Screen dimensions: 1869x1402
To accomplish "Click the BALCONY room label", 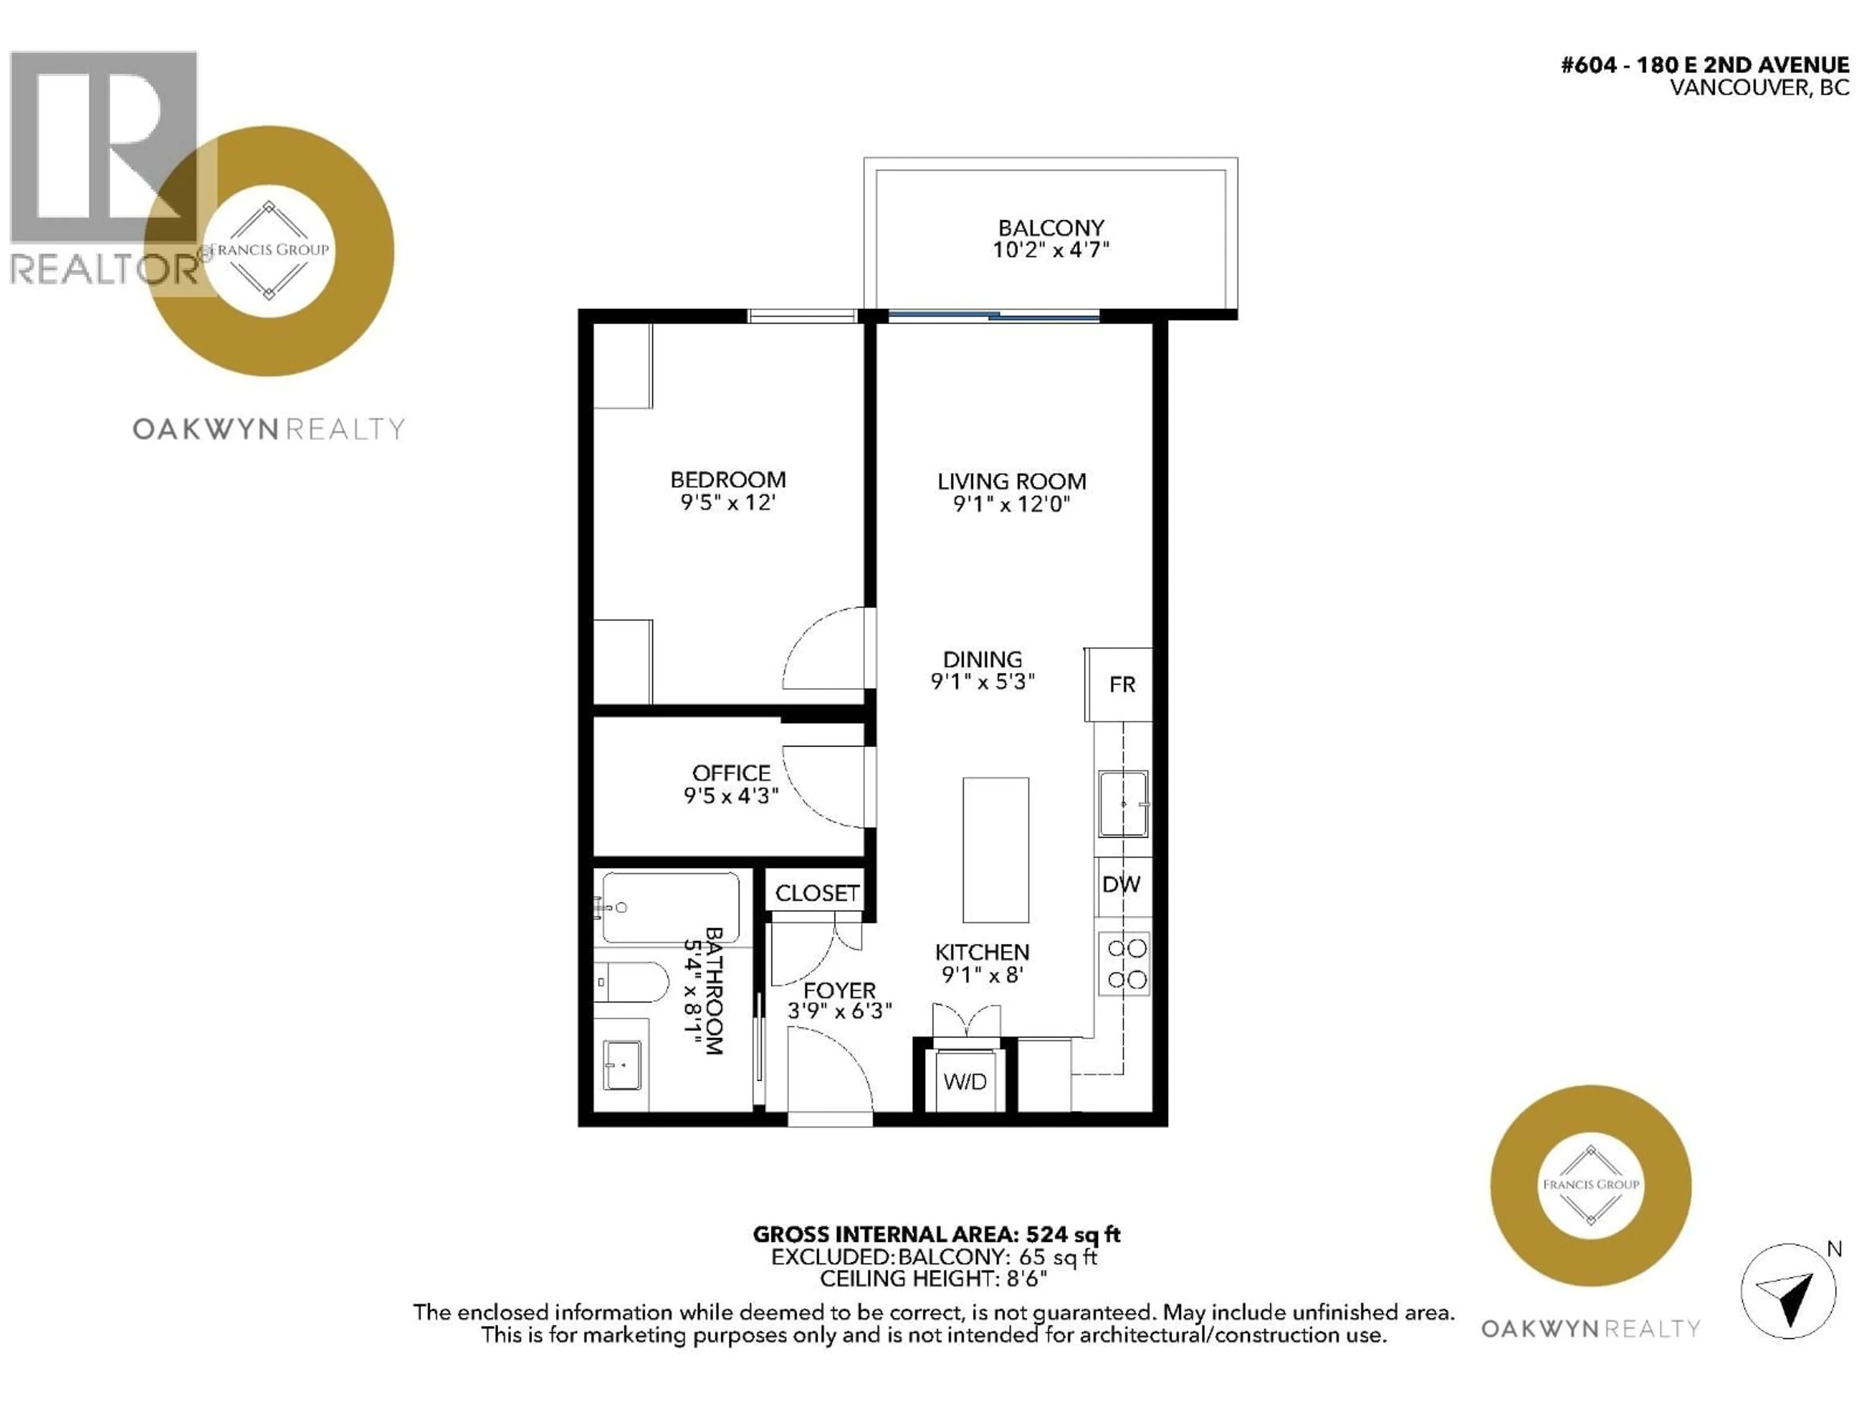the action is point(1051,228).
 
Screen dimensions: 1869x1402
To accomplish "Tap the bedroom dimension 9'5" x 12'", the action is point(728,503).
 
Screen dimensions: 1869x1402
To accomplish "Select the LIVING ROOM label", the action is point(1011,482).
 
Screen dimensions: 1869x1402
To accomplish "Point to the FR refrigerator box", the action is point(1118,684).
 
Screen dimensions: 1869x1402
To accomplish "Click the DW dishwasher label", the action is point(1121,885).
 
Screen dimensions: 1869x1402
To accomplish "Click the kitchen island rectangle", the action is point(995,850).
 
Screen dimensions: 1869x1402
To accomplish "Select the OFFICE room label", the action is point(731,773).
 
